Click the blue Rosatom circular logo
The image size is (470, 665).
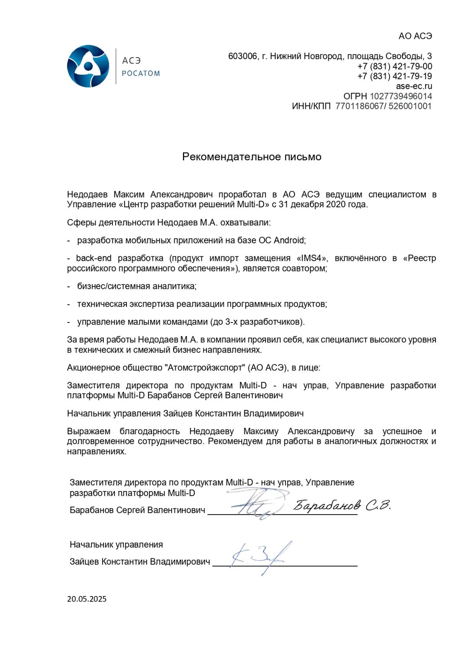[88, 66]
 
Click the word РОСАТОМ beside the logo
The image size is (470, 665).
[141, 73]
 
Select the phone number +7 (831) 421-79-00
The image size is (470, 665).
[395, 66]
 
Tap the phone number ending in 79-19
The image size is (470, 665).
[395, 76]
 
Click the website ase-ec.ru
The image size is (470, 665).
[414, 86]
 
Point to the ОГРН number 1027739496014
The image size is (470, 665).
[401, 96]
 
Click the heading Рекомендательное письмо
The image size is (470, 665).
[252, 157]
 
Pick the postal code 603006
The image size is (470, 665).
[243, 56]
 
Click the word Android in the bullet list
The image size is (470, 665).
[289, 240]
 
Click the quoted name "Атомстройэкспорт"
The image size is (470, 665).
[205, 368]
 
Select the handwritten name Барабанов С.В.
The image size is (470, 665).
[342, 506]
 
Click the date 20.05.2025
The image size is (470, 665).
[87, 599]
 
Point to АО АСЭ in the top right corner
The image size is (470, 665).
[415, 36]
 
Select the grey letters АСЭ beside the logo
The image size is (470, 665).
[131, 61]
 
